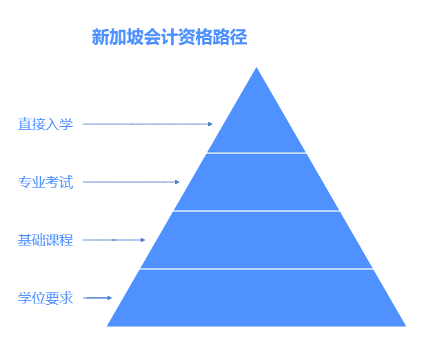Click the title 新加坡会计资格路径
(169, 37)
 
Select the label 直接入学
(46, 124)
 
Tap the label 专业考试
(46, 182)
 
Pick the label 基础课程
(46, 240)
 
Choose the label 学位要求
(46, 298)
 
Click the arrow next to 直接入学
(148, 124)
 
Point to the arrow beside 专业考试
(131, 182)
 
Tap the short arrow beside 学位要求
(97, 298)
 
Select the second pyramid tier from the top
(256, 182)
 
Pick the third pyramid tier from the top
(256, 240)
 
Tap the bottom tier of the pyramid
(256, 298)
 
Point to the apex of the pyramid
(256, 69)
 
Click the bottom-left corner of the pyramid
(109, 325)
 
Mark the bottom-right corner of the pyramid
(404, 325)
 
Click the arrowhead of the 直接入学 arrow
(210, 124)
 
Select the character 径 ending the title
(239, 37)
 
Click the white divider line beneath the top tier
(256, 152)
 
